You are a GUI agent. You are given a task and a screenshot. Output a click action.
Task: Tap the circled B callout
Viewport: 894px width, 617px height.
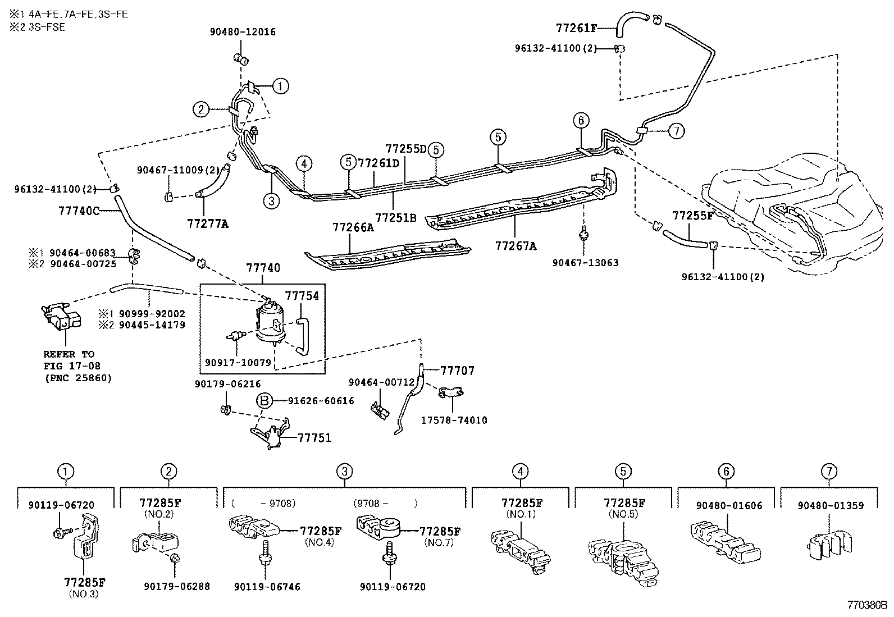pyautogui.click(x=264, y=400)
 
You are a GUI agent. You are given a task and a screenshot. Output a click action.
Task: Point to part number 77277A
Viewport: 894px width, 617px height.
pyautogui.click(x=208, y=223)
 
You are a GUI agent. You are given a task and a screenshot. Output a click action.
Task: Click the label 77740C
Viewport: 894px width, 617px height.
pyautogui.click(x=79, y=211)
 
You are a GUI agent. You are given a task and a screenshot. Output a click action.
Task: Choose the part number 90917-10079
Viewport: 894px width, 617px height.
pyautogui.click(x=238, y=363)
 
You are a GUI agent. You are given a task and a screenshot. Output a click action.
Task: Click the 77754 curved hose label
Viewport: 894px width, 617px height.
pyautogui.click(x=302, y=295)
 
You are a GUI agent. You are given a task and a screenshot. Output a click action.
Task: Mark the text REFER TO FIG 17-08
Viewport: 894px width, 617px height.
pyautogui.click(x=69, y=360)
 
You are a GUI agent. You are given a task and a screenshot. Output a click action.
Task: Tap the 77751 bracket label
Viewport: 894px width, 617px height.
pyautogui.click(x=314, y=438)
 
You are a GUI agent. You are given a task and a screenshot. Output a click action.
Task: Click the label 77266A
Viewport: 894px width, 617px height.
pyautogui.click(x=353, y=227)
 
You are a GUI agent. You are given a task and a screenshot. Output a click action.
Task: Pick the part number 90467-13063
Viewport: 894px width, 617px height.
pyautogui.click(x=585, y=262)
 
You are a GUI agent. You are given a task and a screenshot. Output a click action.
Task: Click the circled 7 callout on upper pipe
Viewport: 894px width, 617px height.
pyautogui.click(x=676, y=131)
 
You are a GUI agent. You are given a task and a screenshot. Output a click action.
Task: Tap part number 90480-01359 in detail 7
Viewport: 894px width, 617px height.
pyautogui.click(x=830, y=505)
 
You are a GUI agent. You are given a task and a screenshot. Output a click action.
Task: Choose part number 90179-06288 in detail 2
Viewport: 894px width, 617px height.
pyautogui.click(x=176, y=586)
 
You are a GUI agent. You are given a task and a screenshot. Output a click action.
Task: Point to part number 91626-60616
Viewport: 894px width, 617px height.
pyautogui.click(x=321, y=400)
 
